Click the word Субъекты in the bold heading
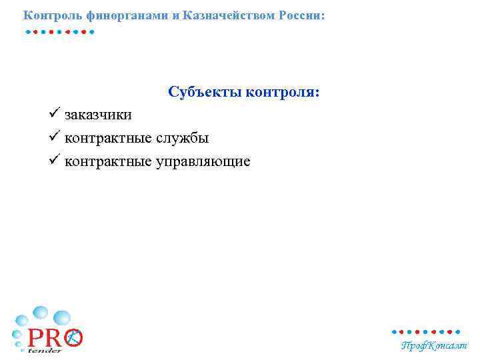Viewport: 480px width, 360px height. (205, 91)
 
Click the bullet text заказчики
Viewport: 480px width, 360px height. (98, 115)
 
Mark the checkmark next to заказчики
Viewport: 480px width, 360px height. (55, 113)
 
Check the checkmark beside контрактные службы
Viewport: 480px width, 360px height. (55, 137)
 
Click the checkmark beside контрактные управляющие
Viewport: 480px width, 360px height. (55, 160)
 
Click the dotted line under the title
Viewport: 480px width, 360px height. (59, 31)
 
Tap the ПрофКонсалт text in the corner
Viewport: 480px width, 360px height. (434, 345)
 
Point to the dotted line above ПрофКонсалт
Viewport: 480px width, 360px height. (425, 331)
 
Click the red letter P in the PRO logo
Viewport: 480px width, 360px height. (36, 338)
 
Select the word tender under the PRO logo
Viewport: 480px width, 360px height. (45, 350)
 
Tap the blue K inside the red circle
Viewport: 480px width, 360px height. (74, 338)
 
